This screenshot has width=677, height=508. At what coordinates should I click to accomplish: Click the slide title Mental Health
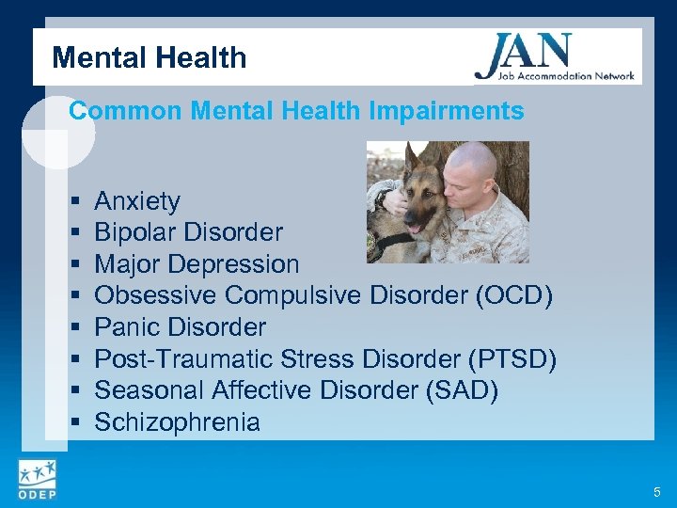(x=150, y=58)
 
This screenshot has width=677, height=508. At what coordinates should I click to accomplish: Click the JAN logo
(x=554, y=57)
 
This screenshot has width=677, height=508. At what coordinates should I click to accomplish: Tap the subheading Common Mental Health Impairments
(x=296, y=111)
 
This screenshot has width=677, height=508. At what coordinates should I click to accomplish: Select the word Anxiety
(x=137, y=201)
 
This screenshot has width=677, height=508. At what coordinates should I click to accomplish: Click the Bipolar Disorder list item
(x=188, y=232)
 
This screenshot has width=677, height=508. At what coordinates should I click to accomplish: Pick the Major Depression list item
(x=197, y=264)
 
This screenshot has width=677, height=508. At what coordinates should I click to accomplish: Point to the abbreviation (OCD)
(x=514, y=295)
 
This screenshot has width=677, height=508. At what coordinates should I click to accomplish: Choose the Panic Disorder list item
(x=180, y=327)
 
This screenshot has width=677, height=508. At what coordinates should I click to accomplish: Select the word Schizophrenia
(x=177, y=422)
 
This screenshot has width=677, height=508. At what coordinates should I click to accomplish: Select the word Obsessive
(x=156, y=295)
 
